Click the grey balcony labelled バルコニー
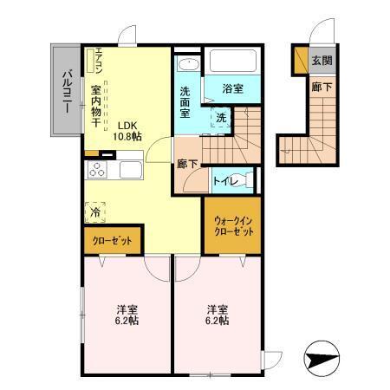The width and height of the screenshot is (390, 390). pyautogui.click(x=65, y=89)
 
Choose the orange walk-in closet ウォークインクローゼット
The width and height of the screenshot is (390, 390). pyautogui.click(x=233, y=227)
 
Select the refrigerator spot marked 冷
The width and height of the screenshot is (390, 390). pyautogui.click(x=94, y=210)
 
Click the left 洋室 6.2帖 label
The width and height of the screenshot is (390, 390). pyautogui.click(x=127, y=315)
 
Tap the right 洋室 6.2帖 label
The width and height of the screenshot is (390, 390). pyautogui.click(x=216, y=315)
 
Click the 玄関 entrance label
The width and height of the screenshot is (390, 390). pyautogui.click(x=322, y=60)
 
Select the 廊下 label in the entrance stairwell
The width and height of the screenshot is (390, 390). pyautogui.click(x=322, y=87)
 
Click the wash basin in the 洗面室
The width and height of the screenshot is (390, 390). pyautogui.click(x=187, y=67)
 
